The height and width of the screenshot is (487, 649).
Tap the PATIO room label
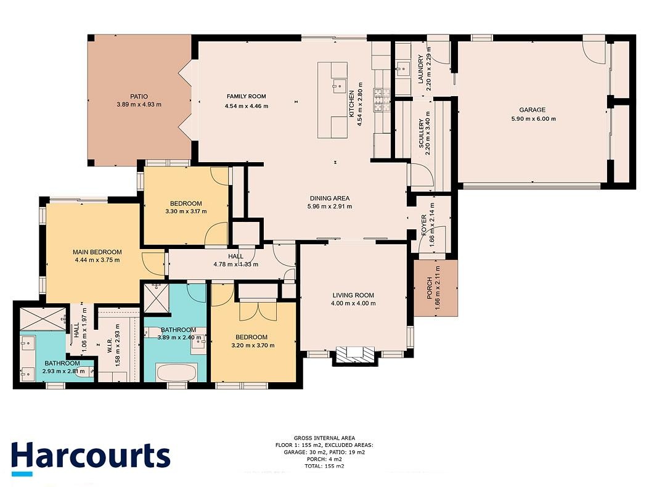tap(139, 97)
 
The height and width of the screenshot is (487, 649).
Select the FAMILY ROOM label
tap(247, 97)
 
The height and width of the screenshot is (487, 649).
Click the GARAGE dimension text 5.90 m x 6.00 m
tap(534, 118)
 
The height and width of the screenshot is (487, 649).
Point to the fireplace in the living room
tap(355, 354)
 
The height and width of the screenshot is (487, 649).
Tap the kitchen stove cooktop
tap(382, 100)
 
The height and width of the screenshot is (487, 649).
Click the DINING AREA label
tap(330, 198)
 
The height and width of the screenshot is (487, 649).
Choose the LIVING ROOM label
tap(353, 295)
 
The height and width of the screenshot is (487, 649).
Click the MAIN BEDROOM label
tap(97, 252)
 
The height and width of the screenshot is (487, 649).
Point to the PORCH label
tap(429, 289)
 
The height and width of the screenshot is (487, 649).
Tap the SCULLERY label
tap(422, 133)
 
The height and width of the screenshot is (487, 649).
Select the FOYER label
tap(424, 225)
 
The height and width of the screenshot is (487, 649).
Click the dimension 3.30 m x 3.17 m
tap(186, 211)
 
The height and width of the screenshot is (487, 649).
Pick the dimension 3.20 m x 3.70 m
tap(253, 345)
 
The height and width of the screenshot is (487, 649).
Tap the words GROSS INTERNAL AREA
tap(324, 438)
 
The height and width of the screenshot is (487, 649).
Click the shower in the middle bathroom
tap(156, 299)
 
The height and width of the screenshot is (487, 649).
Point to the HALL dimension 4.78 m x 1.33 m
tap(236, 264)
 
